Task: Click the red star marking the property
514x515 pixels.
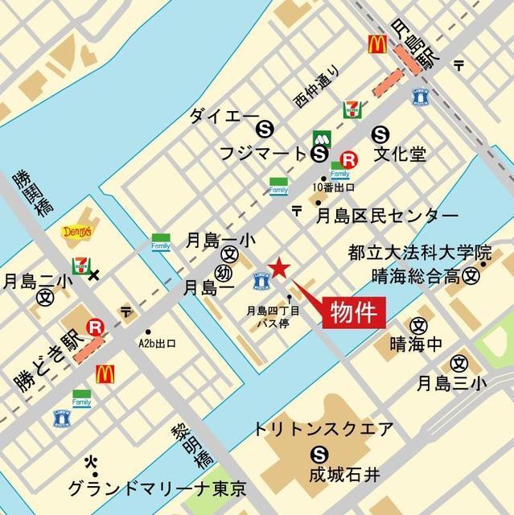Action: (278, 269)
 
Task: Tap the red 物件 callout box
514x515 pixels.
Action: (353, 311)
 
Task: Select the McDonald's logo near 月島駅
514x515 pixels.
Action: (375, 44)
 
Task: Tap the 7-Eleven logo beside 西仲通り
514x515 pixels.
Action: (352, 109)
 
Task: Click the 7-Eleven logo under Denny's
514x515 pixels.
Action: (80, 262)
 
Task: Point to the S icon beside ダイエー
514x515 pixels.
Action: (264, 127)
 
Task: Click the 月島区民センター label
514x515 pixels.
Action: (386, 216)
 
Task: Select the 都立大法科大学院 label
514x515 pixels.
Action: (417, 253)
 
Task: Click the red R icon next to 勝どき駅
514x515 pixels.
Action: (96, 326)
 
